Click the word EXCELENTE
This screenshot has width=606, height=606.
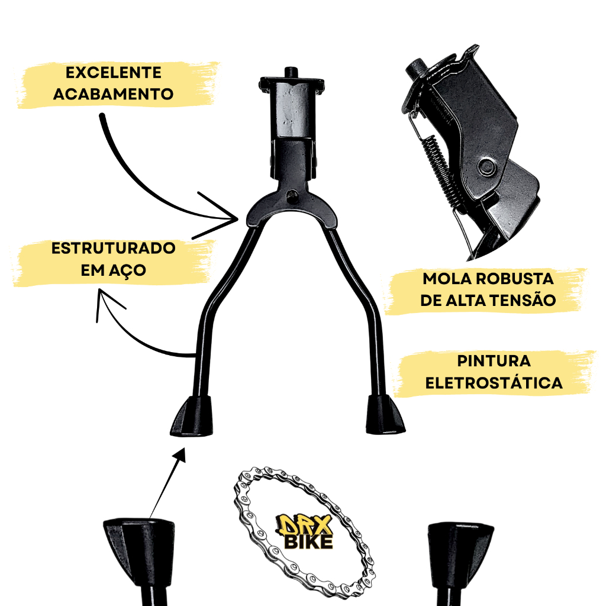pos(113,73)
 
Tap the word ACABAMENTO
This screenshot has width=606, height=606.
pos(113,94)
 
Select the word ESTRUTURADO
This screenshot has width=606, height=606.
pos(113,248)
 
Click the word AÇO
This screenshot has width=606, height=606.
pos(128,270)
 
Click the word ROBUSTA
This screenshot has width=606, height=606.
pos(515,279)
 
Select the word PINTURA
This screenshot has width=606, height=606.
pos(494,361)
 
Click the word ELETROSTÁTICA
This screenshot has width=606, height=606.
pos(494,383)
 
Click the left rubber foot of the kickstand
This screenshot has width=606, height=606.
pos(192,416)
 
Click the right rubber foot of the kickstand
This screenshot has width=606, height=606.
pos(385,414)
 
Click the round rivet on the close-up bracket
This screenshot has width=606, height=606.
pos(486,167)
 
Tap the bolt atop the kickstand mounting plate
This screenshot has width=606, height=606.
pos(291,72)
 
